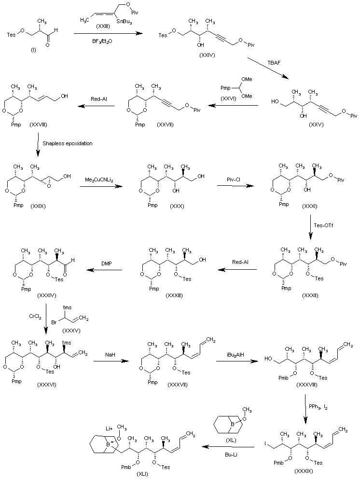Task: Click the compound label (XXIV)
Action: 208,56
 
